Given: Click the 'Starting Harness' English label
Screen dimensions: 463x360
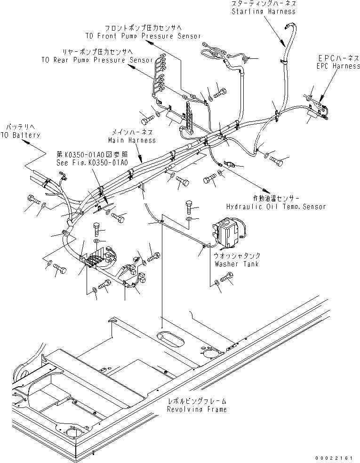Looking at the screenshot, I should tap(264, 11).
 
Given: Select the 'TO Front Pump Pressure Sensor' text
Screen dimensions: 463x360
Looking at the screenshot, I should tap(143, 36).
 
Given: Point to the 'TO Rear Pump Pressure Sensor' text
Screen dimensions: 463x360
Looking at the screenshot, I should tap(97, 60).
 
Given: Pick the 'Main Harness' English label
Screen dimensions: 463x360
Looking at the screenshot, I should tap(132, 140).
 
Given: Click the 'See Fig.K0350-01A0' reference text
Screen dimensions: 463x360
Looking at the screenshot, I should tap(92, 162).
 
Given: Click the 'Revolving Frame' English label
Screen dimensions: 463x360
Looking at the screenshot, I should tap(197, 409).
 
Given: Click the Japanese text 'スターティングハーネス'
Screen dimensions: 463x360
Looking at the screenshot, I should tap(264, 4).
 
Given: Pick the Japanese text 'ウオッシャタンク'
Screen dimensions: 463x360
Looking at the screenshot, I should tap(236, 256).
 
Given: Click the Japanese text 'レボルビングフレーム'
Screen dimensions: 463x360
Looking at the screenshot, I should tap(197, 402).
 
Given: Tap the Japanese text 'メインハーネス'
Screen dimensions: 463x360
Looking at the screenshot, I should tap(132, 133).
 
